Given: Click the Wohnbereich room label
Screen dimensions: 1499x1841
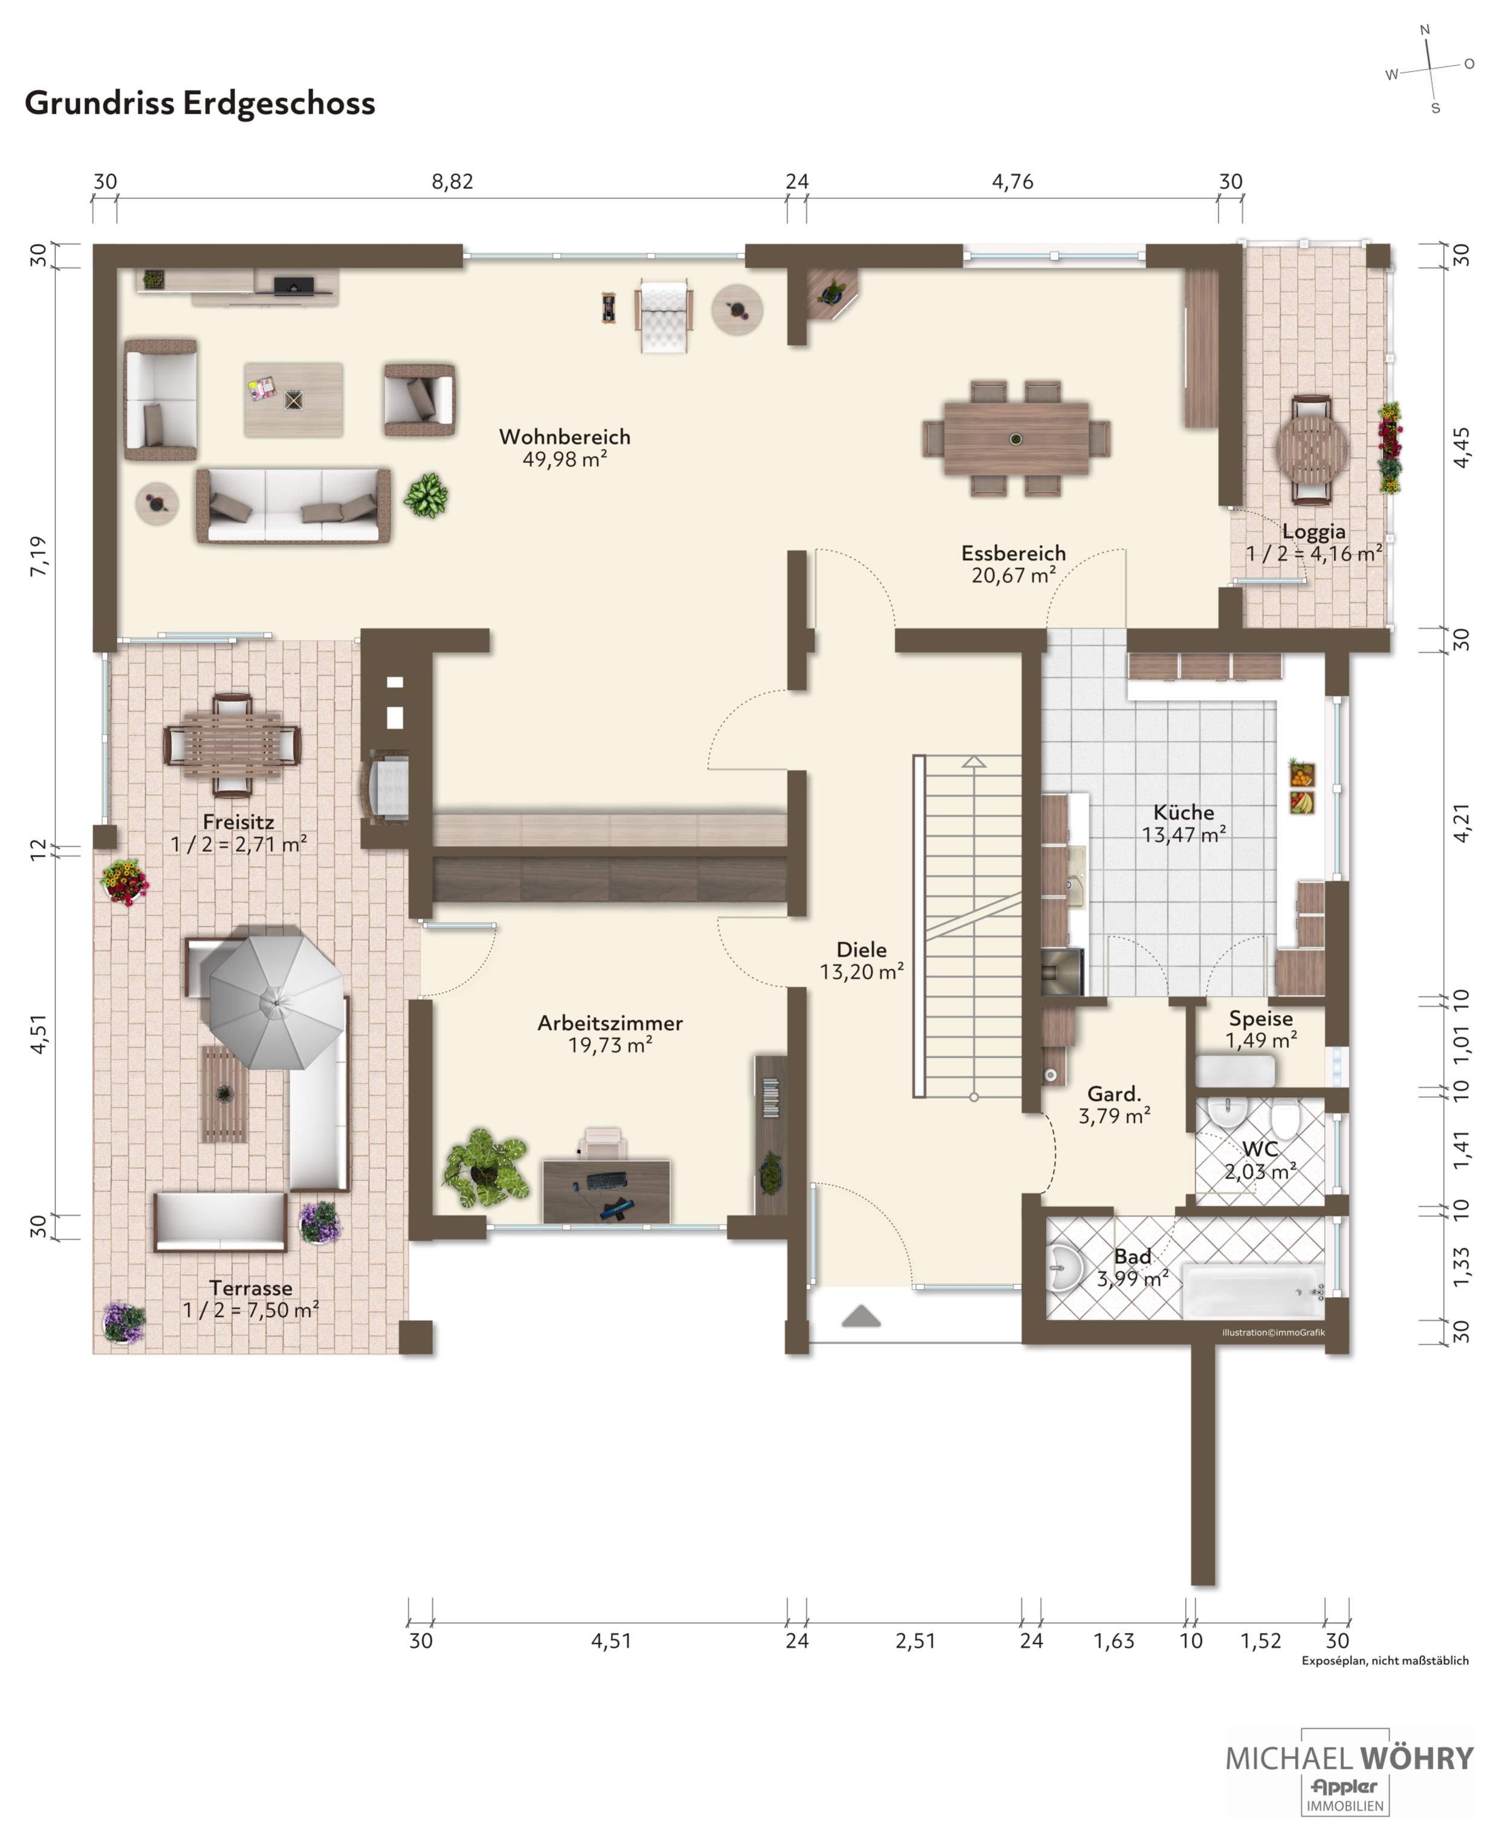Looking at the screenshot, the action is point(565,437).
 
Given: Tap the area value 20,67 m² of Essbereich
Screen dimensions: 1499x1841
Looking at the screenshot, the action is point(1013,575).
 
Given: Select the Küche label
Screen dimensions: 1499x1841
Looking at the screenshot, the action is point(1184,812).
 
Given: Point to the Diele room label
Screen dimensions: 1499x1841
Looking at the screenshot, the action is point(862,949).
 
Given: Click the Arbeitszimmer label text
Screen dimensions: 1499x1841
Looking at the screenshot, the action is point(610,1023).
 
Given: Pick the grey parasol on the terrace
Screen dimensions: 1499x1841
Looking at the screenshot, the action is point(276,1001).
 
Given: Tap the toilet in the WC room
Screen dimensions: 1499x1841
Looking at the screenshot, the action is point(1285,1120).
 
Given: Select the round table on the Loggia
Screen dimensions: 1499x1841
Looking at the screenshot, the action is point(1312,449).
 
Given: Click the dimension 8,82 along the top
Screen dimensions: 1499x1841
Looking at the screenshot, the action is point(453,182).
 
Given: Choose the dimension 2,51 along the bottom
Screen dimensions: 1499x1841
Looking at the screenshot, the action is point(915,1641).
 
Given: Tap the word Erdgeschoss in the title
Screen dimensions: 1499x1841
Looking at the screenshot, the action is point(279,103).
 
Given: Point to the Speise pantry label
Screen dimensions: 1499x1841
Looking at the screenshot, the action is point(1261,1019).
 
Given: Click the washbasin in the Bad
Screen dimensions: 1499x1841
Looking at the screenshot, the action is point(1066,1269).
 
